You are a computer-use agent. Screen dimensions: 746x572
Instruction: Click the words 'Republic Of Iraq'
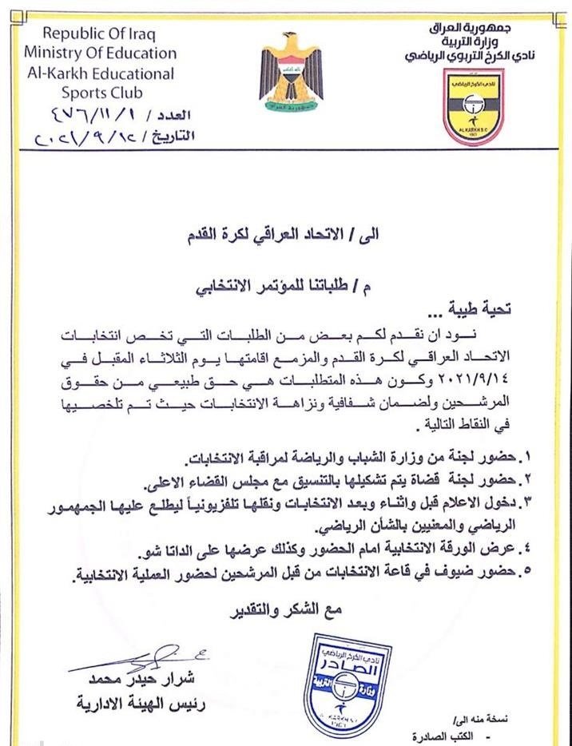(99, 34)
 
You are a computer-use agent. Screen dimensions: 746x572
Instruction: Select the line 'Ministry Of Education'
(100, 54)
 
